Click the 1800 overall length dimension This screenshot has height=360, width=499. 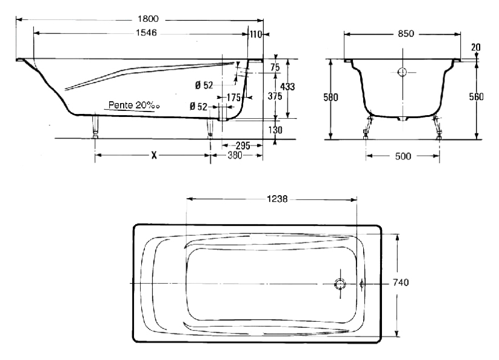point(148,19)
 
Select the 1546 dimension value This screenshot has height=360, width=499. point(146,33)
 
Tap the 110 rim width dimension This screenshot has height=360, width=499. point(255,34)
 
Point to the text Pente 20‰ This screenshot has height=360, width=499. point(134,105)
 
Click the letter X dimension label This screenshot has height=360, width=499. point(154,155)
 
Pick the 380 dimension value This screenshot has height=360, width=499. point(235,155)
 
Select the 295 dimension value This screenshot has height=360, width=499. point(243,145)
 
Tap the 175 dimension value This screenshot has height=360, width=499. point(233,98)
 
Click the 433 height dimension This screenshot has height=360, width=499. point(287,87)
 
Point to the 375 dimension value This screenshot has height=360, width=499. point(275,96)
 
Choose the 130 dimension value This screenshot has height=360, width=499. point(275,130)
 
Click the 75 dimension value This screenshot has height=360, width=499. point(275,67)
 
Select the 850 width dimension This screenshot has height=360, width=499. point(406,34)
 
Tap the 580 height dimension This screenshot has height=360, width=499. point(330,97)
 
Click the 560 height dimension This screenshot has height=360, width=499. point(476,96)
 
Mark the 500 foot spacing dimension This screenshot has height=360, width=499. point(403,156)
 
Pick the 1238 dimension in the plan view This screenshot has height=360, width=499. point(277,199)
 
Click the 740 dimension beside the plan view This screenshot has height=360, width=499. point(401,282)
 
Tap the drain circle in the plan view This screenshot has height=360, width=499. point(340,284)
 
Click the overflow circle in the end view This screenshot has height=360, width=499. point(403,72)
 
